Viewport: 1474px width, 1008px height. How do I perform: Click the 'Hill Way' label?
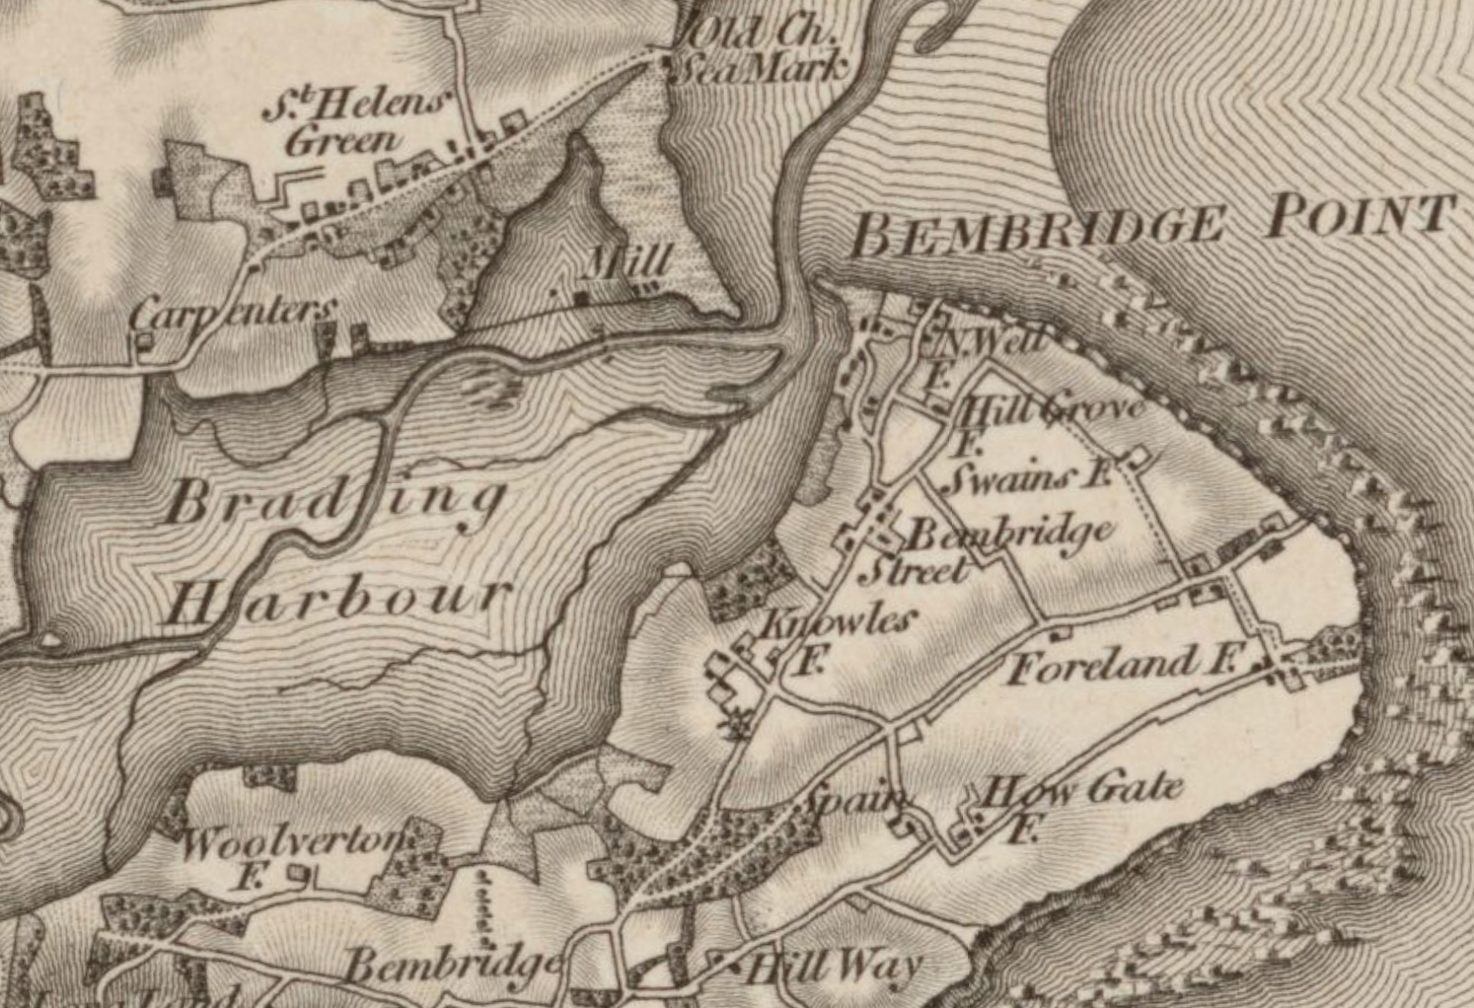(x=834, y=968)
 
